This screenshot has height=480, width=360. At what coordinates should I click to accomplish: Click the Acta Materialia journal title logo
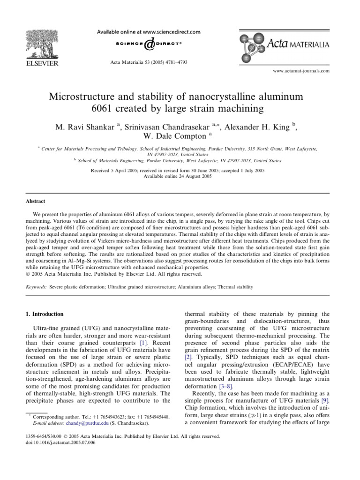pos(289,45)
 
